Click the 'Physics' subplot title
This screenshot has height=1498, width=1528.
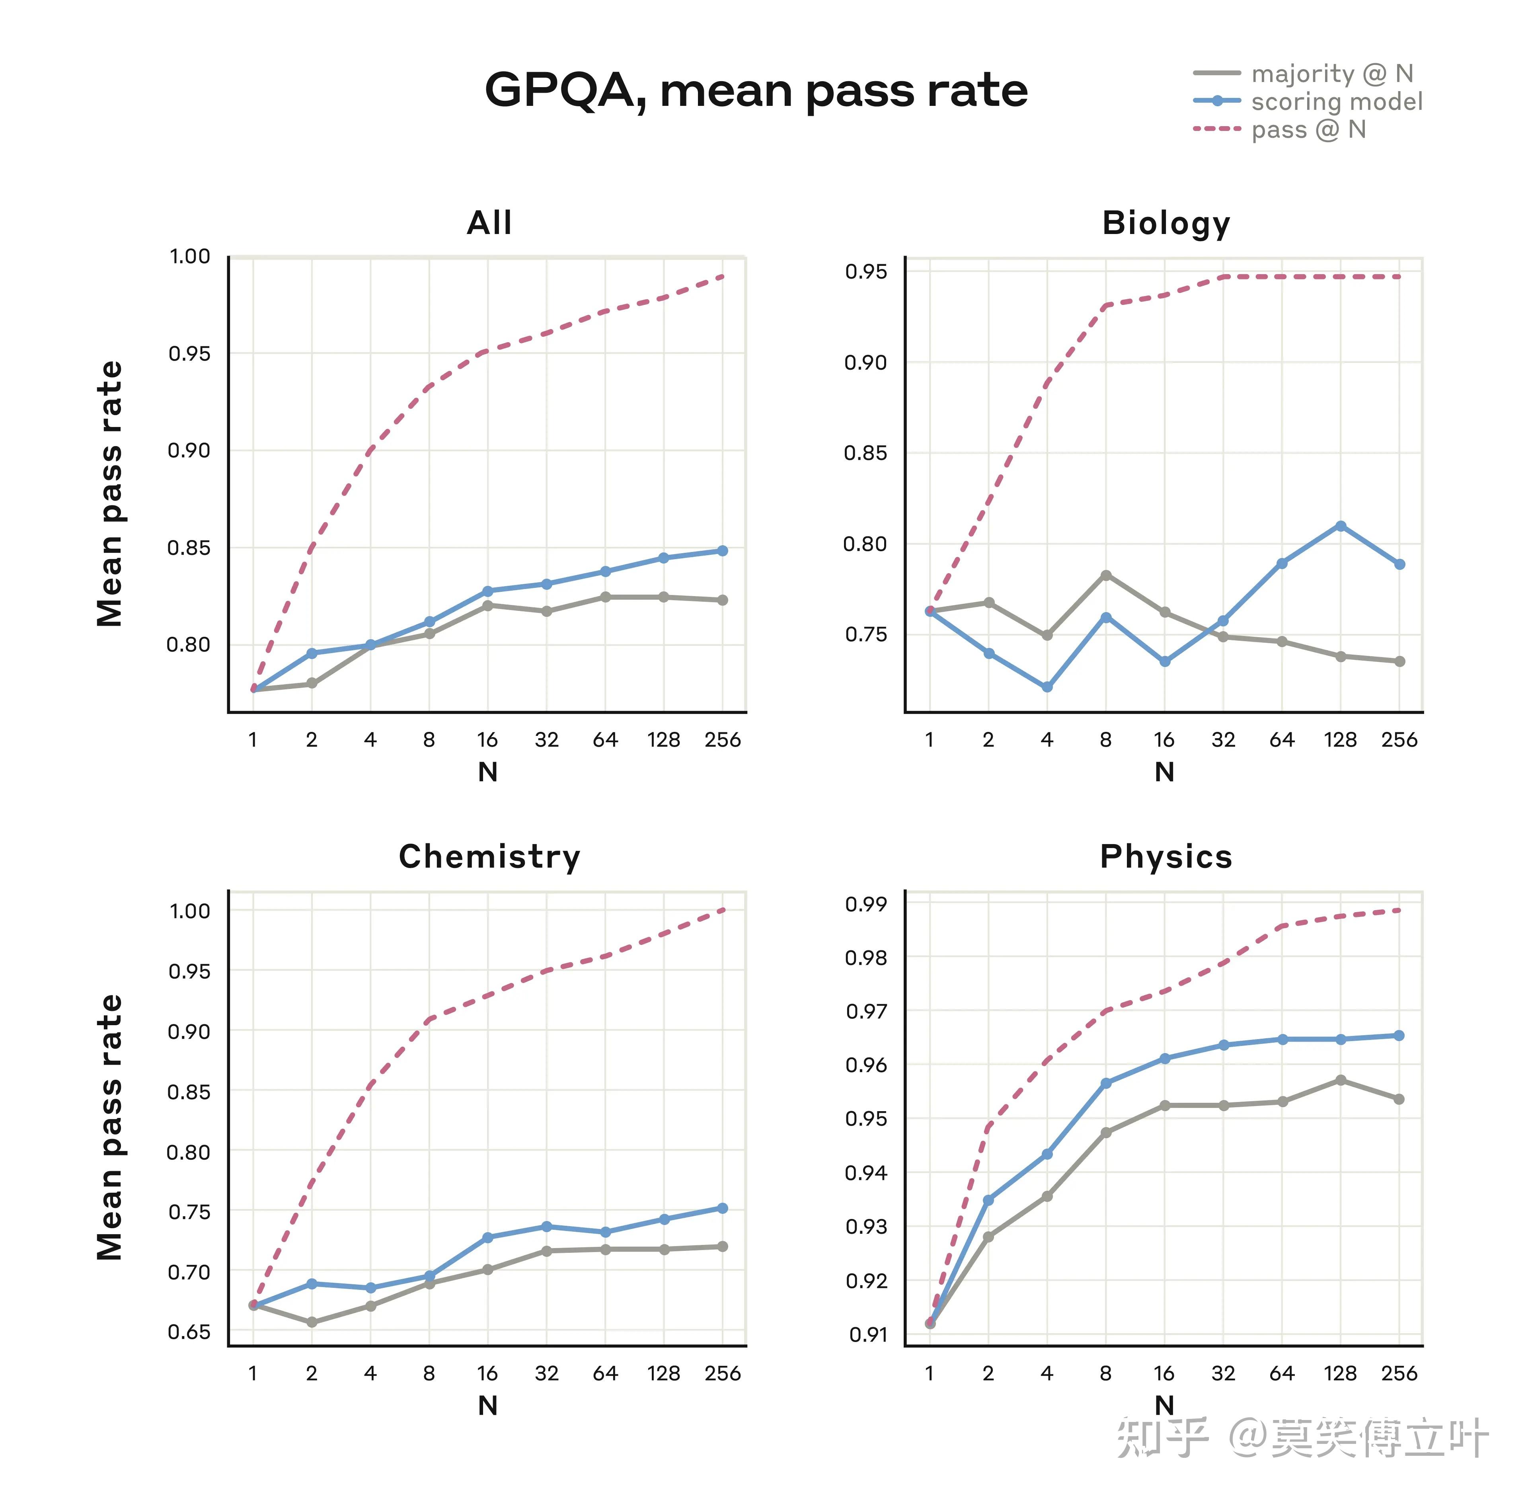click(x=1165, y=856)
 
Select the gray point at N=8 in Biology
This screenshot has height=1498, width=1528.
click(x=1105, y=575)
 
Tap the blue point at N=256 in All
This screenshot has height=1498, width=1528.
click(x=722, y=551)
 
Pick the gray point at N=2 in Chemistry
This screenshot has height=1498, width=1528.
click(x=312, y=1322)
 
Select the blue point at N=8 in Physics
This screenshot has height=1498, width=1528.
click(x=1105, y=1083)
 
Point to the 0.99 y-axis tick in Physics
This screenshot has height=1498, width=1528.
click(x=865, y=904)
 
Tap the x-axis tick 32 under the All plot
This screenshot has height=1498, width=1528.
click(x=546, y=739)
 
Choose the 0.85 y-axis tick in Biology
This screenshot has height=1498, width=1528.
click(x=865, y=453)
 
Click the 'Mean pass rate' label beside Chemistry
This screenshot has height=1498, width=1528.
click(x=110, y=1127)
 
